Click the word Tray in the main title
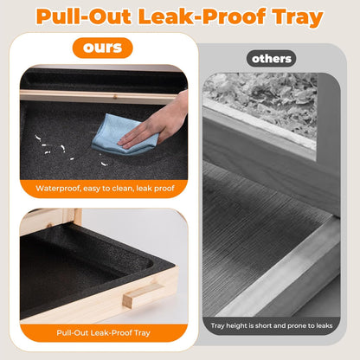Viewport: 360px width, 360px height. (x=298, y=17)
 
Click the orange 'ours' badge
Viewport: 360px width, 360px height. (x=102, y=48)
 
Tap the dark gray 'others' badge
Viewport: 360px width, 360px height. (x=271, y=59)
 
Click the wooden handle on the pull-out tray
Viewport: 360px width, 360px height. (x=142, y=295)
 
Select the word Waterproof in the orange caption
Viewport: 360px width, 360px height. (x=58, y=189)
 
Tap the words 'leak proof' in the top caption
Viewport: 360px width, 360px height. (x=155, y=189)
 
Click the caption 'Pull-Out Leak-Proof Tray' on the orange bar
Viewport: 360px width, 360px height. (x=103, y=333)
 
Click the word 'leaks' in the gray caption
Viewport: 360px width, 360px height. (x=325, y=325)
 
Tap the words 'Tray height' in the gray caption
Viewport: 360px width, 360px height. (x=228, y=326)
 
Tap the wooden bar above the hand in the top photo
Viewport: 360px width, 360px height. (x=97, y=97)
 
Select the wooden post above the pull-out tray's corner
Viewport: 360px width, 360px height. (x=77, y=217)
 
